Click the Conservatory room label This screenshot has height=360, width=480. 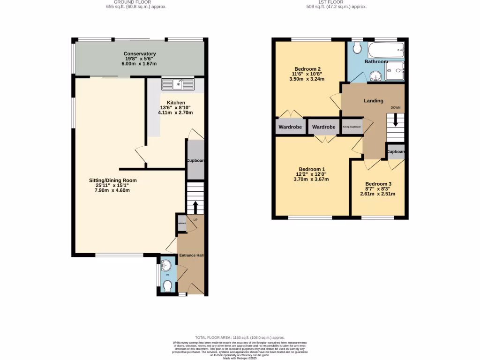click(x=140, y=54)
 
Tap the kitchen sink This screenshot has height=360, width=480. click(x=178, y=84)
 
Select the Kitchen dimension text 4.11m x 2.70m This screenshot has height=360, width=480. click(x=176, y=113)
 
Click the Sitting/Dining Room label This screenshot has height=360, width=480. click(x=113, y=180)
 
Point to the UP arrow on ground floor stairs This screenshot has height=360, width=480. click(x=195, y=207)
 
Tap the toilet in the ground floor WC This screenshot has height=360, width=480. click(x=167, y=285)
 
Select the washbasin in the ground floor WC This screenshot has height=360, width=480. click(x=166, y=266)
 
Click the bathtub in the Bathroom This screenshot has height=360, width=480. click(x=386, y=49)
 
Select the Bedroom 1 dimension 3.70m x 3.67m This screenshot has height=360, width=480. click(x=311, y=179)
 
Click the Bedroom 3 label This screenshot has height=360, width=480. click(x=378, y=184)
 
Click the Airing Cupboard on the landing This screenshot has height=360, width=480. click(x=352, y=127)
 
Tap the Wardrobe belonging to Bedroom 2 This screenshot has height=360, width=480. click(x=290, y=127)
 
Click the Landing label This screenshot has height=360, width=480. click(x=374, y=101)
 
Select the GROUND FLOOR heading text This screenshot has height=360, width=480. click(x=136, y=2)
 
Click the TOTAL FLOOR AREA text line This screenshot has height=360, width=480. click(x=240, y=337)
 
